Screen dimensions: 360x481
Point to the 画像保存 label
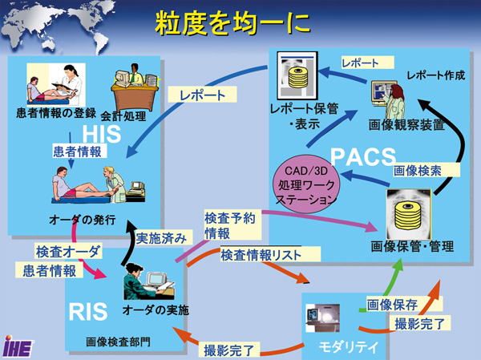pos(390,305)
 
